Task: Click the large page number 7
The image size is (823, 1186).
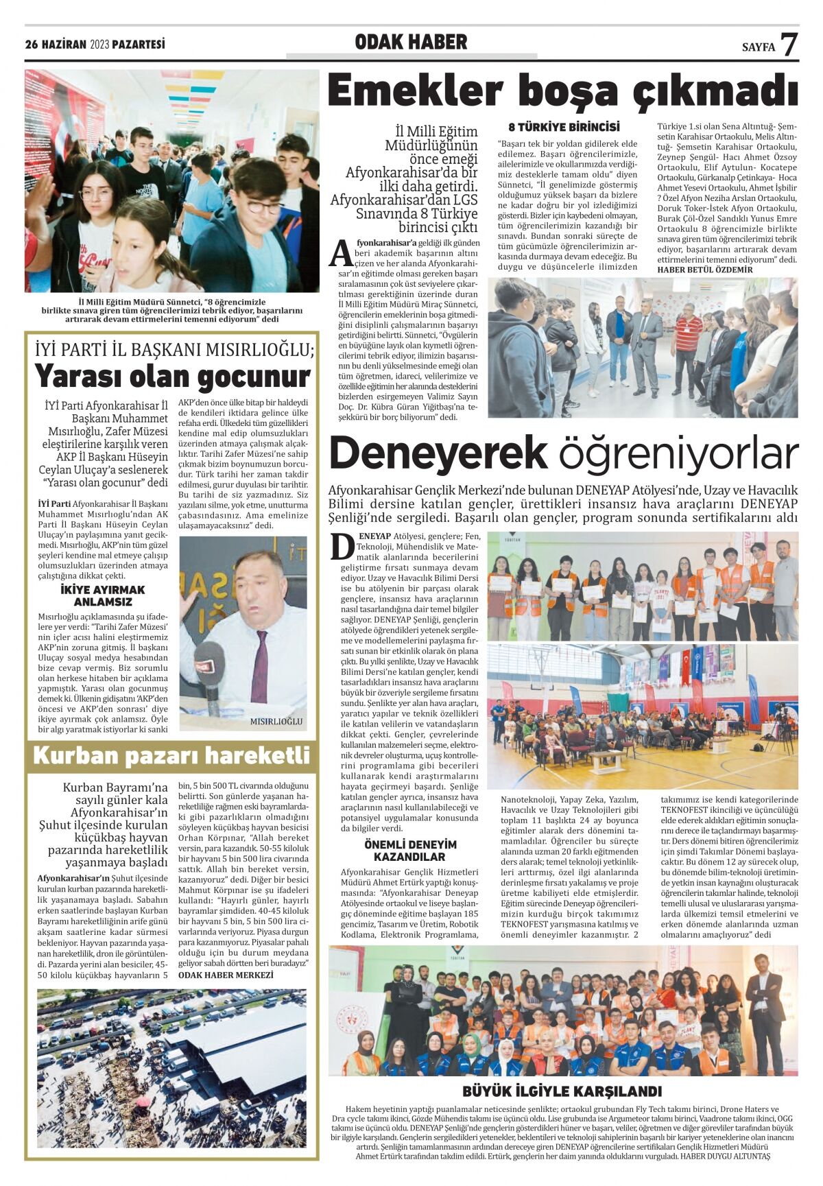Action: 789,45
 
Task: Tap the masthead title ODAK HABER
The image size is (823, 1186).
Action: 411,43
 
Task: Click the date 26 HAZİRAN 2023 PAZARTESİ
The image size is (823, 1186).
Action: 95,45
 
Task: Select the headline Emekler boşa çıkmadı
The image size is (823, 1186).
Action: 563,92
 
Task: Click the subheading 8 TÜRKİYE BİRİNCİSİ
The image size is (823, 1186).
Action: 564,127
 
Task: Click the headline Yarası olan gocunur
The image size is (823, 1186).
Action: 172,377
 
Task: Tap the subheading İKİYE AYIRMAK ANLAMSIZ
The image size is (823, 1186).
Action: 103,595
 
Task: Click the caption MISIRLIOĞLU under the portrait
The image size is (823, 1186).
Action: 276,721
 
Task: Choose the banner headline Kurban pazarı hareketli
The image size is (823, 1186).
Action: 171,755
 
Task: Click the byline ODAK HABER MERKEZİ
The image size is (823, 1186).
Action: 226,975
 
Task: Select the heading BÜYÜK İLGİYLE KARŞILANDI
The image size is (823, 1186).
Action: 562,1091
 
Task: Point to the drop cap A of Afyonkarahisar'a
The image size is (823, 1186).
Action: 341,253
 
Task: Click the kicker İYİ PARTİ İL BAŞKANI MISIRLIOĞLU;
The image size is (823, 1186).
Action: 174,350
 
